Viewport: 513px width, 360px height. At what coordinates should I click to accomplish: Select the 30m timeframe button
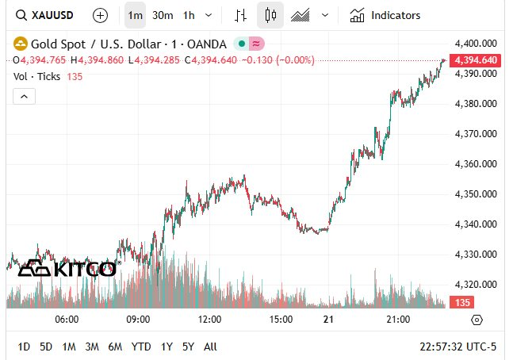163,15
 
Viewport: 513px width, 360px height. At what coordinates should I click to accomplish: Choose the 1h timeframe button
189,15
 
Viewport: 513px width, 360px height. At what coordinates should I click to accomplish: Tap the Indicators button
385,15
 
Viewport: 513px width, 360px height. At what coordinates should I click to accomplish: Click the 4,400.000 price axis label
474,43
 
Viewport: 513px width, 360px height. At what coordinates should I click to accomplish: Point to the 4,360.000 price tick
474,164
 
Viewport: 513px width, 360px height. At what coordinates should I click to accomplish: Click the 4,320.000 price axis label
474,284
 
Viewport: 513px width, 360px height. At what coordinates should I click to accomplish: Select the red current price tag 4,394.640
474,60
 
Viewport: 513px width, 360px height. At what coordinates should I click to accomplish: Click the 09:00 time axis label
139,320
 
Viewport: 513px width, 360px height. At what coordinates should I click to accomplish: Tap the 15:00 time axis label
281,320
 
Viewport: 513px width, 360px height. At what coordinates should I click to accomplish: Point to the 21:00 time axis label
398,320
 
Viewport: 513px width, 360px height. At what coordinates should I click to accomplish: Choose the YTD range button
141,347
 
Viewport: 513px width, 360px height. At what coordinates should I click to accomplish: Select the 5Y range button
188,347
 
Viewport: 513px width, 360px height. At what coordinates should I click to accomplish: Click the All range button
210,347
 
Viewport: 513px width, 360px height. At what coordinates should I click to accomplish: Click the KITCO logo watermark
67,269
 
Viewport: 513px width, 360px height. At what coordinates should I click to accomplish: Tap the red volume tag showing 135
461,302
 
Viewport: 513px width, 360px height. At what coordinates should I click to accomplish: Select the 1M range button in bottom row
69,347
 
